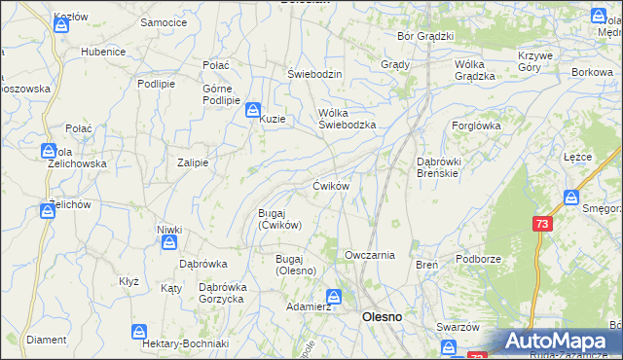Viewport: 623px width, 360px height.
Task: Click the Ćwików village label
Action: [330, 185]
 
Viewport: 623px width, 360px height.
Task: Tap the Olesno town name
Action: [383, 317]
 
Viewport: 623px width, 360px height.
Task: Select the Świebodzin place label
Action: [314, 74]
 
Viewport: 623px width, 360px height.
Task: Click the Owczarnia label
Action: [369, 255]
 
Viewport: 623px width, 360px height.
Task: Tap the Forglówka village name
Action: [476, 126]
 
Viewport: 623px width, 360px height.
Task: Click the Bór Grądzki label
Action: [426, 36]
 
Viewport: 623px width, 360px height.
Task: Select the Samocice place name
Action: [164, 21]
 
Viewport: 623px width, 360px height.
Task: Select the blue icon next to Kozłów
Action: [60, 25]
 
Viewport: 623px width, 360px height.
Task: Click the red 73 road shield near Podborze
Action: [541, 223]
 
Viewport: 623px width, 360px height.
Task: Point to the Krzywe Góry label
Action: [535, 61]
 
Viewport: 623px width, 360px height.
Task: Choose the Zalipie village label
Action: [193, 162]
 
